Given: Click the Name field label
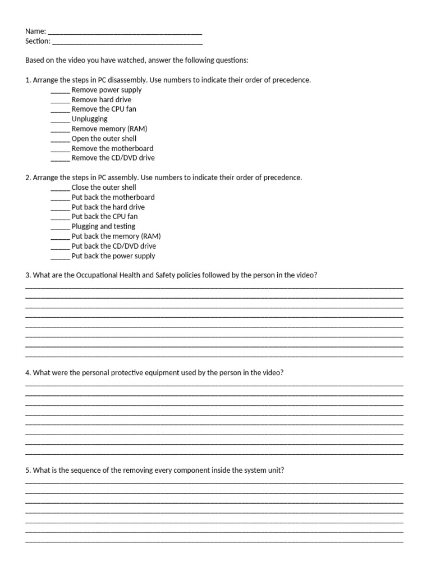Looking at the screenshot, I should point(35,31).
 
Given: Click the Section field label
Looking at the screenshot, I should point(38,41).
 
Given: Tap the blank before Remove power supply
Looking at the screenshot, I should point(60,90).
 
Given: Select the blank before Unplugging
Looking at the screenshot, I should point(60,120).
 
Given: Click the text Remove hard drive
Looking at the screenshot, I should point(102,99).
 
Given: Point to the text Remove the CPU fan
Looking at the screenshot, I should point(104,109).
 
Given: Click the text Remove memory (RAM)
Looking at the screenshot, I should point(109,129).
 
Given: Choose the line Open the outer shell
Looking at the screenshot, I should point(104,139).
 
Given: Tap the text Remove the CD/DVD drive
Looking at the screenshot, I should point(113,158).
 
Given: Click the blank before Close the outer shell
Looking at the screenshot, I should point(60,188).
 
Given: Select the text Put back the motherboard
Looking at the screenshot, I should point(113,197).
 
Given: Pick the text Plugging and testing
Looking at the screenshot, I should point(103,226).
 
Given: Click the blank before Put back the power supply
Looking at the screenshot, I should point(60,257).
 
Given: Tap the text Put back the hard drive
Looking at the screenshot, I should point(108,207).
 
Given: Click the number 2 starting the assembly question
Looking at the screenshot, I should point(27,177).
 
